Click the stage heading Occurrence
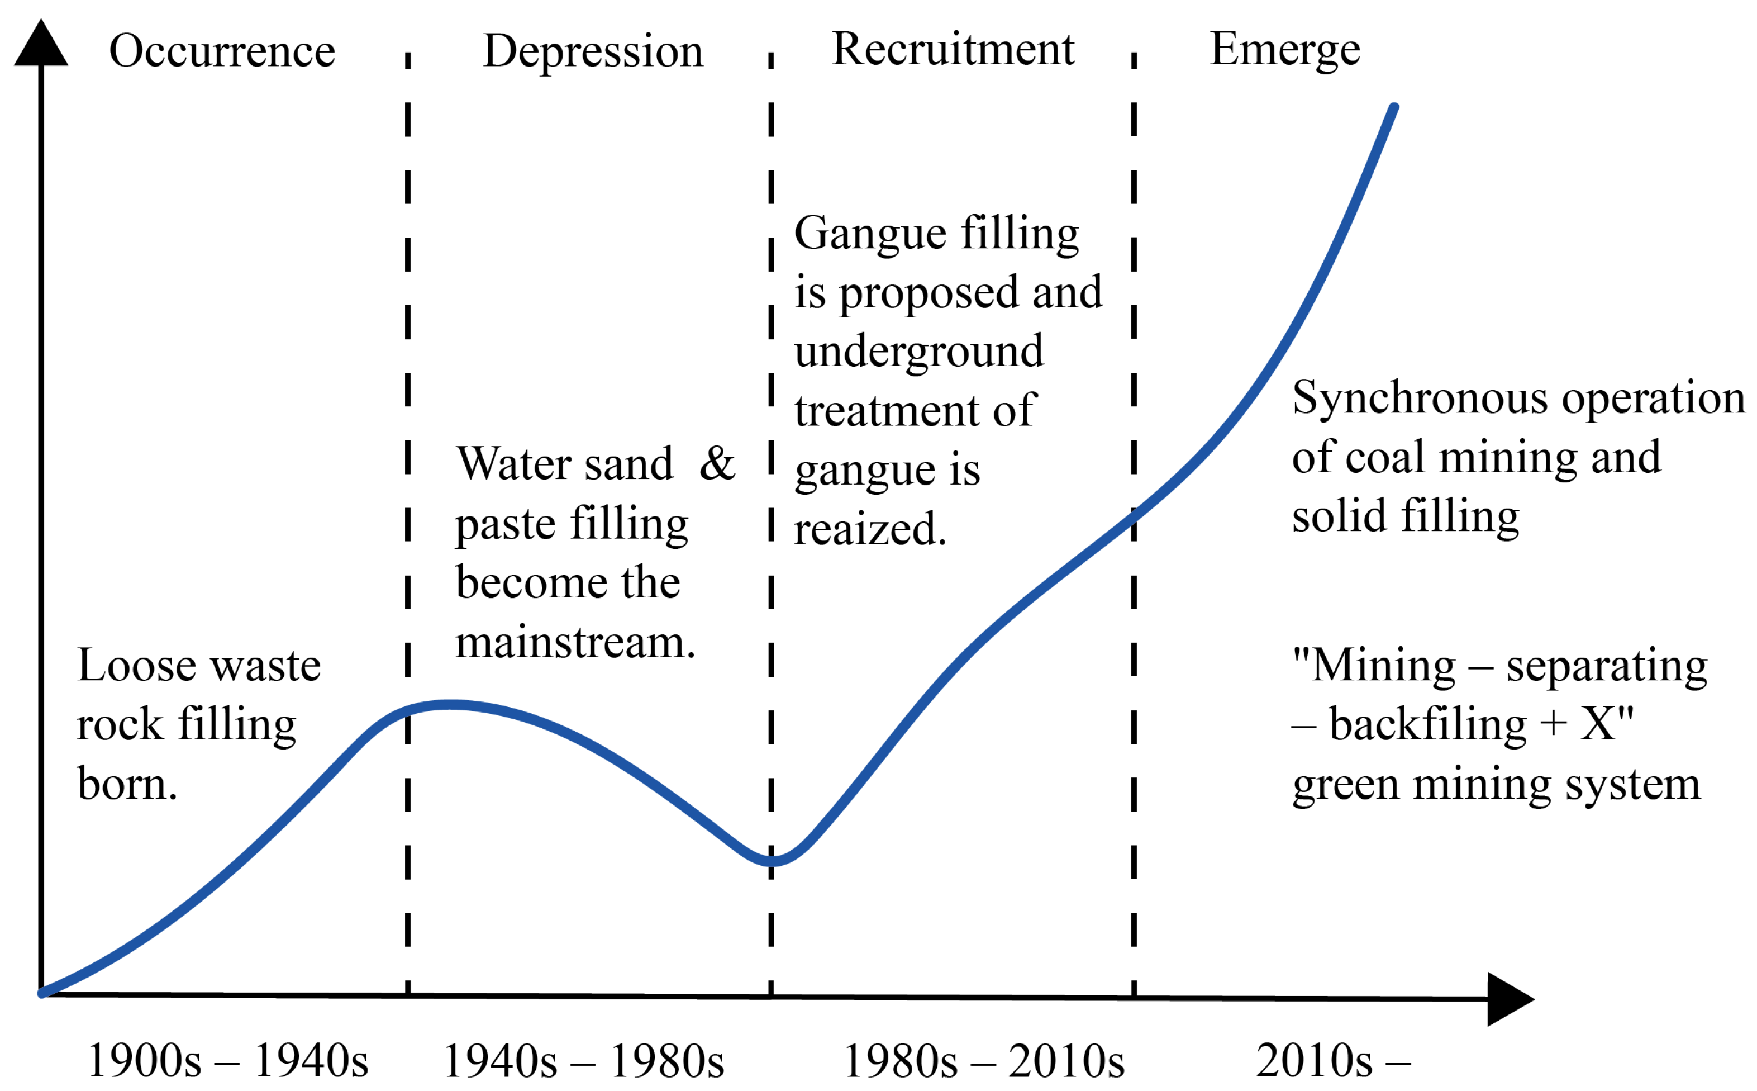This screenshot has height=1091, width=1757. click(x=222, y=51)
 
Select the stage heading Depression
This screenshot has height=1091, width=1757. click(x=593, y=51)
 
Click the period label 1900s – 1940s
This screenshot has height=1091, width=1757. click(x=228, y=1061)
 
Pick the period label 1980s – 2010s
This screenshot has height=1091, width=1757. click(x=984, y=1061)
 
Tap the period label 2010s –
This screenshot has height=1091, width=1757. click(x=1333, y=1061)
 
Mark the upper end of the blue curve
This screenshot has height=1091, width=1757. click(x=1393, y=108)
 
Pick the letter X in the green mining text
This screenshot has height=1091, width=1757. click(x=1598, y=724)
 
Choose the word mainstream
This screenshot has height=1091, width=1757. click(x=575, y=642)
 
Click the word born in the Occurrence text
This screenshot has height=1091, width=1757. click(x=127, y=784)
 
